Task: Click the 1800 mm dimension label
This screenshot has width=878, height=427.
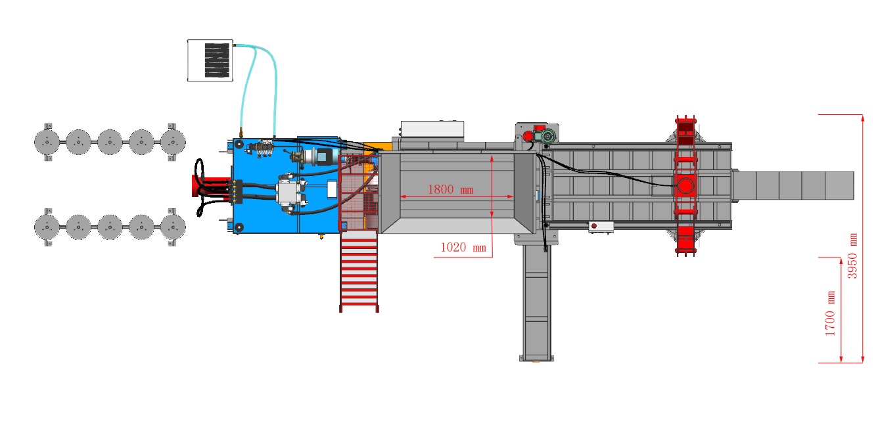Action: [x=450, y=190]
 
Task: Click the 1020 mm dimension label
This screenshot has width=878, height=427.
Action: [x=463, y=247]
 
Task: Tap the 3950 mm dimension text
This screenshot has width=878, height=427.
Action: [x=852, y=256]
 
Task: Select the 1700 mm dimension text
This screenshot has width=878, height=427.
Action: [x=830, y=313]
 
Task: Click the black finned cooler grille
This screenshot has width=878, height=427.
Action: [x=217, y=60]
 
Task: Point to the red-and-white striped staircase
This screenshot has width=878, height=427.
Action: [x=359, y=271]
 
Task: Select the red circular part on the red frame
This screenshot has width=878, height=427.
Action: [x=685, y=186]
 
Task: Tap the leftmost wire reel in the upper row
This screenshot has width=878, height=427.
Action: [x=47, y=142]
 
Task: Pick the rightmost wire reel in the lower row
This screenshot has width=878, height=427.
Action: [x=173, y=227]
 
